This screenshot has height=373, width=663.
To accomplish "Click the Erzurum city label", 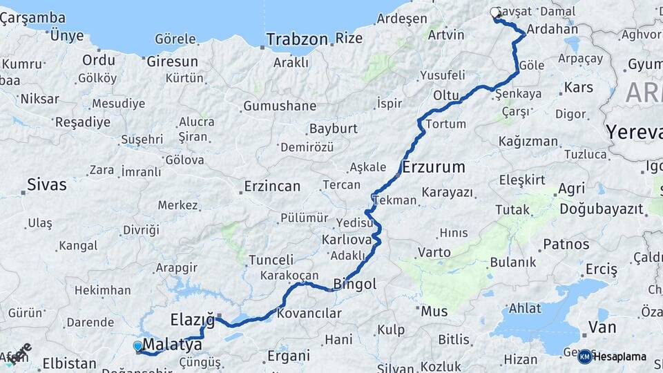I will tap(434, 167).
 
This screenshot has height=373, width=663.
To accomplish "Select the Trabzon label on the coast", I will tap(297, 39).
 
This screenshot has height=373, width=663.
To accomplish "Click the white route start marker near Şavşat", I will tap(495, 12).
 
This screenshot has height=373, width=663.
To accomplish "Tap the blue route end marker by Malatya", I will tap(137, 345).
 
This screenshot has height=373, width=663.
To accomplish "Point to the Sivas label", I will tap(47, 184).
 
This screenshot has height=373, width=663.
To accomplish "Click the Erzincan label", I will tap(272, 186).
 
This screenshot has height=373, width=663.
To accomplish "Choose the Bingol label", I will tap(355, 284).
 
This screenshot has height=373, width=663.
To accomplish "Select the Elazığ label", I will tap(193, 319).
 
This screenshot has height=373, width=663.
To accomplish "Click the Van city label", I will tap(602, 327).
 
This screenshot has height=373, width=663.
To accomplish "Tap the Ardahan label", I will tap(552, 30).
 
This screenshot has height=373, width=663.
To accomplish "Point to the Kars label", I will tap(579, 88).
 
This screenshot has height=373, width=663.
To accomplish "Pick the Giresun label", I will tap(172, 61).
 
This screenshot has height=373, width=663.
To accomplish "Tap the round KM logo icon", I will tap(584, 356).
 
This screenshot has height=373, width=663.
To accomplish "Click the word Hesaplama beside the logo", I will tap(620, 356).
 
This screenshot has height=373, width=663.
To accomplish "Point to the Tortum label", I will tap(441, 124).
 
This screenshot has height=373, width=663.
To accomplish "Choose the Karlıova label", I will tap(346, 240).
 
